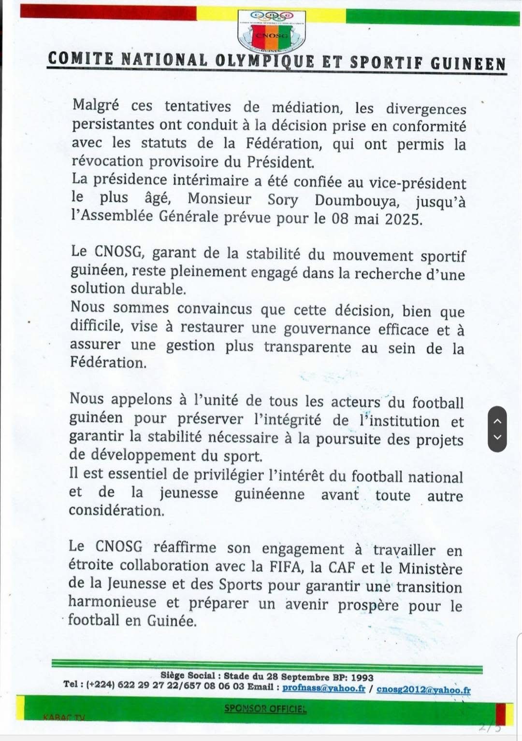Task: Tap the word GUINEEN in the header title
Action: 468,63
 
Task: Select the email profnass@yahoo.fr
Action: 323,688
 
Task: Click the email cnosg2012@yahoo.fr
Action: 423,690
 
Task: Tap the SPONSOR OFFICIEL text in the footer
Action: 265,709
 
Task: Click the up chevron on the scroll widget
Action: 497,420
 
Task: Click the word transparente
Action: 307,347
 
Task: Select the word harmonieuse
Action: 112,601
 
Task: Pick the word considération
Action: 116,510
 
